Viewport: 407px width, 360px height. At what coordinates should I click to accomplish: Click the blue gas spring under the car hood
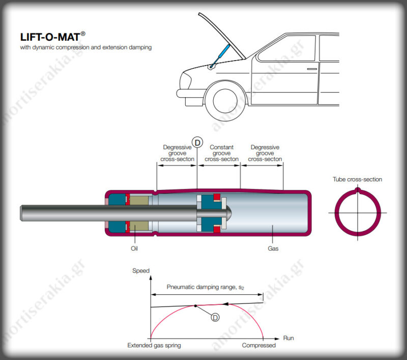tap(220, 56)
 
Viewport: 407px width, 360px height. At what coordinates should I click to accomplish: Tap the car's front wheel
tap(225, 101)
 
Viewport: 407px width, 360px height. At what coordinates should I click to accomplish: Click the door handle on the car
tap(312, 69)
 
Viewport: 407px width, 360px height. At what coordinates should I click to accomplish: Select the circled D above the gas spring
tap(197, 143)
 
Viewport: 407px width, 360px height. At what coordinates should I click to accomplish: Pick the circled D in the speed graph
tap(215, 317)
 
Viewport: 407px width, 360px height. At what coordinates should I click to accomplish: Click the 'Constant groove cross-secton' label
tap(222, 153)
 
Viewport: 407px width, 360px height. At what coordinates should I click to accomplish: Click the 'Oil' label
tap(134, 248)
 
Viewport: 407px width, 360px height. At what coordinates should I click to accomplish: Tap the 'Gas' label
tap(273, 248)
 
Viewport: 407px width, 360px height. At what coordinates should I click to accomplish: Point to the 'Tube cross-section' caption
tap(358, 179)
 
